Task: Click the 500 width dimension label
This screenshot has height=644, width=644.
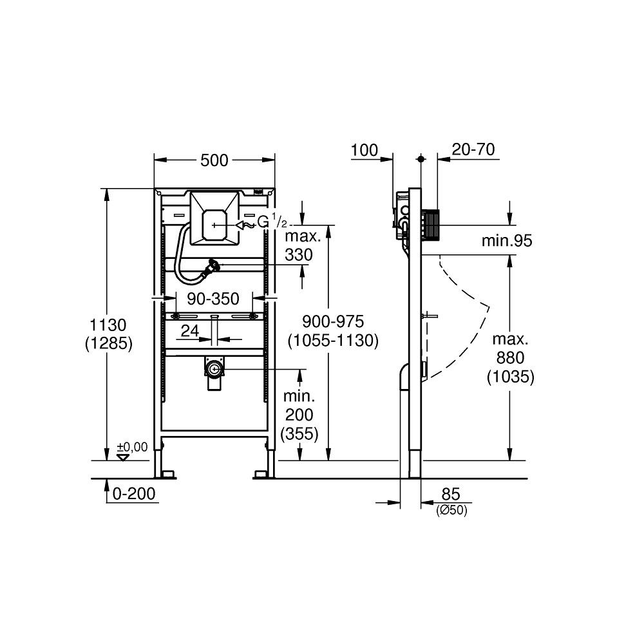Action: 214,160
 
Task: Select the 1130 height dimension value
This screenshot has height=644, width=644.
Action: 108,325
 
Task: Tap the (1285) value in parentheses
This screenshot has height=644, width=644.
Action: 108,344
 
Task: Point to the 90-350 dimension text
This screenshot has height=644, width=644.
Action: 213,299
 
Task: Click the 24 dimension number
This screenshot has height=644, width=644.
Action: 189,330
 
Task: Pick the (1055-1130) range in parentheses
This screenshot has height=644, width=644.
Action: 334,340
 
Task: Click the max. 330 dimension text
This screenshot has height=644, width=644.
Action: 299,246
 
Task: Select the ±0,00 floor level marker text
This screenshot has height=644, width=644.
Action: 132,446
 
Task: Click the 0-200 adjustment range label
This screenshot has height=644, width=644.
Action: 134,494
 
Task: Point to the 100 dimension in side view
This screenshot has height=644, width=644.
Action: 364,151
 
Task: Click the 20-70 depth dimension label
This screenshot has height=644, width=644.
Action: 473,150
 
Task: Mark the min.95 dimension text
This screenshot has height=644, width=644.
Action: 507,241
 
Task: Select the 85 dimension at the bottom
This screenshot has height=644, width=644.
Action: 450,494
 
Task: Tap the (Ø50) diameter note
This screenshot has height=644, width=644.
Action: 451,510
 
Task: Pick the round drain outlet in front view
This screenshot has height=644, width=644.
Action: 213,369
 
